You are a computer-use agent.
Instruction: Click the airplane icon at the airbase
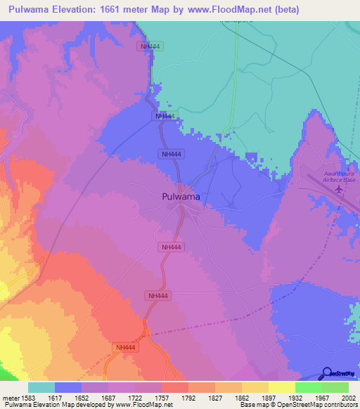(x=340, y=188)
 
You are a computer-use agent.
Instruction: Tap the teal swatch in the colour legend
(x=41, y=387)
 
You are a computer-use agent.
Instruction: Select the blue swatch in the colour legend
(x=68, y=387)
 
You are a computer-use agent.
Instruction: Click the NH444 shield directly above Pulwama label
(x=172, y=154)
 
